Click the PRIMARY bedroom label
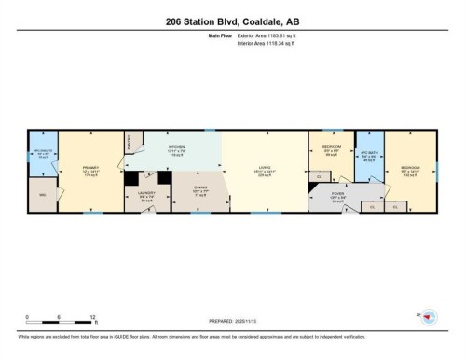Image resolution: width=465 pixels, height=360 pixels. (90, 172)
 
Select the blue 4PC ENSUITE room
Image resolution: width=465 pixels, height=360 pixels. (42, 156)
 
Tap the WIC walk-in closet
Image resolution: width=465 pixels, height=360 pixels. (42, 196)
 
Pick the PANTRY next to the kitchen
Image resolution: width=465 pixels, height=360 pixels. (130, 141)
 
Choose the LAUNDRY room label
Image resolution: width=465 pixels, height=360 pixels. (146, 197)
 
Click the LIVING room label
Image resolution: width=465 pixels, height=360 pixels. (264, 172)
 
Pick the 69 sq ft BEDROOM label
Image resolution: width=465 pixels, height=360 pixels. (330, 152)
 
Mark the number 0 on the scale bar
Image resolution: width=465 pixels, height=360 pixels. (27, 317)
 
